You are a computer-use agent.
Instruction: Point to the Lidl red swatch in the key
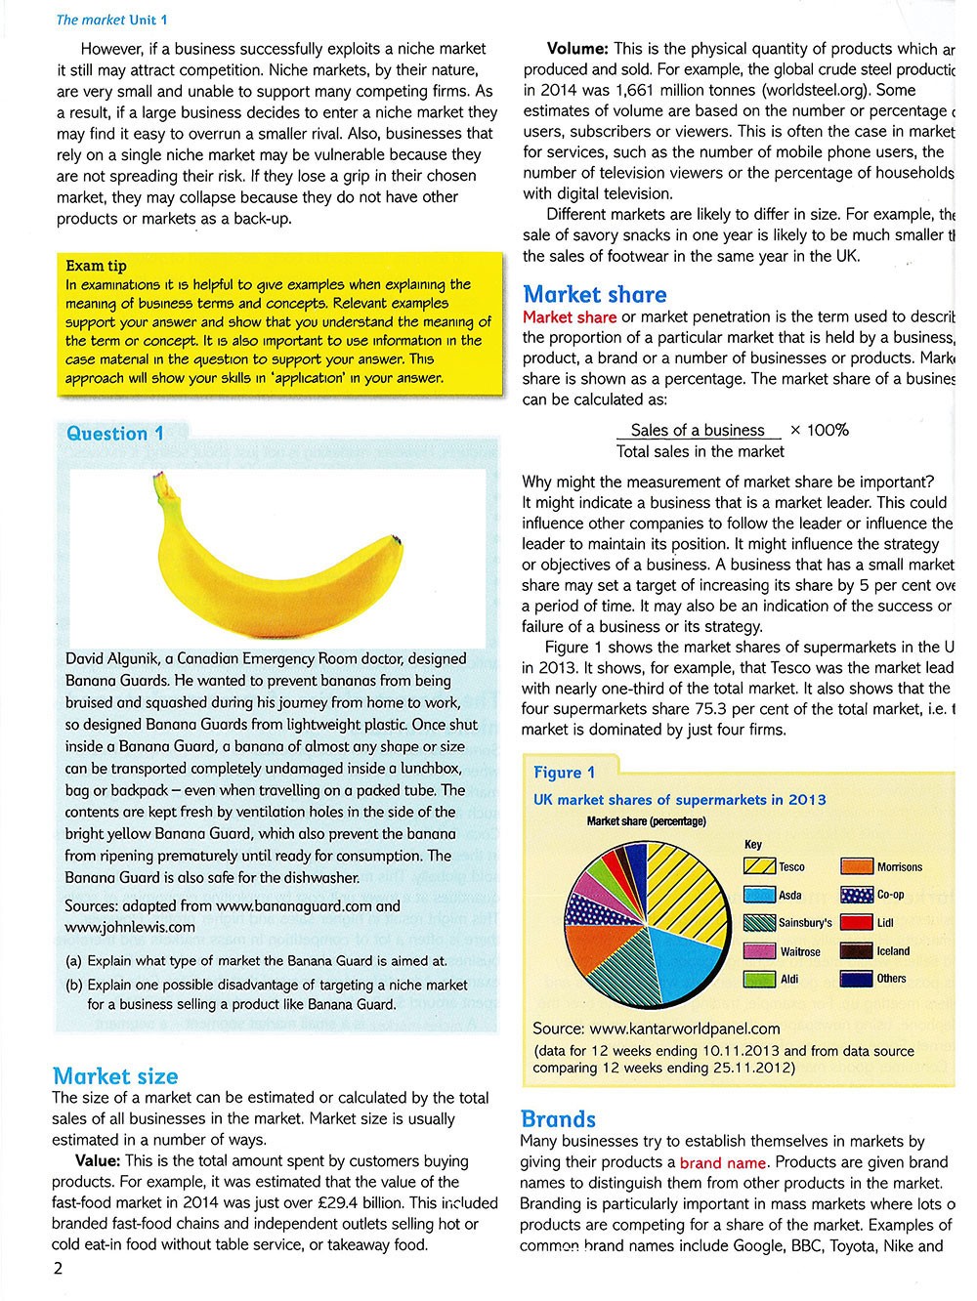856,922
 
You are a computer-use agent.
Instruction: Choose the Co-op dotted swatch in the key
856,895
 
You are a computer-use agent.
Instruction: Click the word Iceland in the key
893,950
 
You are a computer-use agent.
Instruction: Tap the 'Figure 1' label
564,773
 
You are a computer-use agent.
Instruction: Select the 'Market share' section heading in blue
595,294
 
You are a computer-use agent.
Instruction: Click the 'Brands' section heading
558,1119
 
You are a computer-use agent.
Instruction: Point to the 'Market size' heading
115,1076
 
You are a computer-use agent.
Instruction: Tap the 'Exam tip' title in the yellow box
96,266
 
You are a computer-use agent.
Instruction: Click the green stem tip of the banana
159,479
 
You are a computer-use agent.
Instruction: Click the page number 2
58,1269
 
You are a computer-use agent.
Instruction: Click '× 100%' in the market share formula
819,430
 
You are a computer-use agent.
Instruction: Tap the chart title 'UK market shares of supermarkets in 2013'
679,800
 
